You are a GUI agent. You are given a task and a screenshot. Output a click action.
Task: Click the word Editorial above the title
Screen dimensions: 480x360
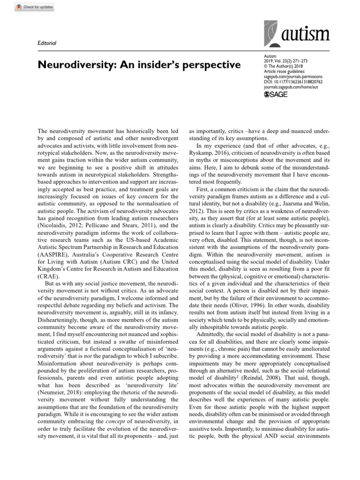click(46, 43)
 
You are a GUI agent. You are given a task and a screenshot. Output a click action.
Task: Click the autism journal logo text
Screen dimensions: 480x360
click(307, 35)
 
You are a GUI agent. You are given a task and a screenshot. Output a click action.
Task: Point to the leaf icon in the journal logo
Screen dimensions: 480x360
click(272, 32)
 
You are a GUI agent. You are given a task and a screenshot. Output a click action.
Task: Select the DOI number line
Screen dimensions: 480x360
click(293, 81)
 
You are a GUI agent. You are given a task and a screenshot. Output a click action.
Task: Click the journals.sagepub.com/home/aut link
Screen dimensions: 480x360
click(293, 87)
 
